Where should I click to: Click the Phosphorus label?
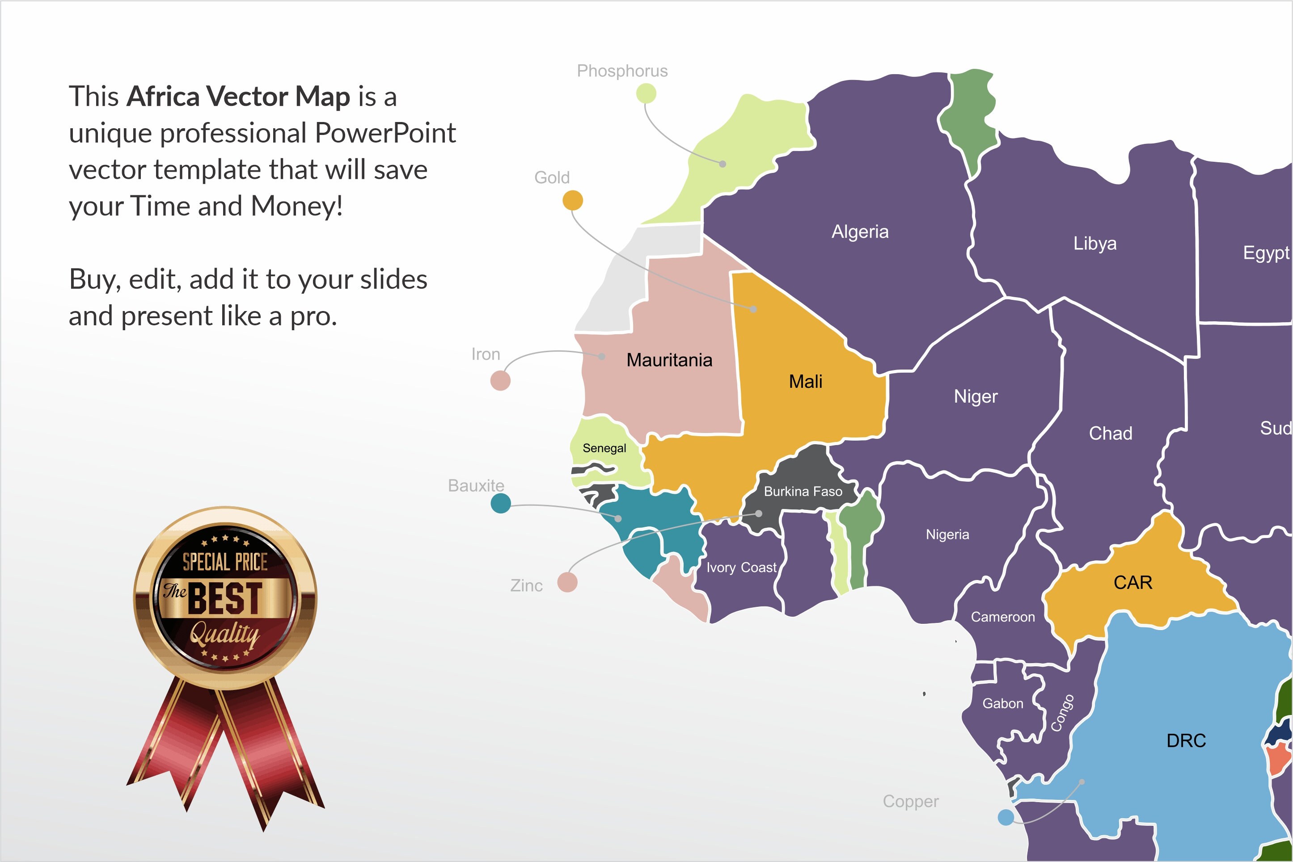622,71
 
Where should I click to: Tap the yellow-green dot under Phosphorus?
646,93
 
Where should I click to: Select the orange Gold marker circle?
573,200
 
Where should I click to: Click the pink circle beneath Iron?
500,380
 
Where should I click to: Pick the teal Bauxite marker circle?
500,503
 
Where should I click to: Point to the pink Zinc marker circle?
567,582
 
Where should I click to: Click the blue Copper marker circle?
1006,817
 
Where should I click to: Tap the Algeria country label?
860,231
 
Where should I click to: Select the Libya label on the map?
1094,243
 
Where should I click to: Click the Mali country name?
805,382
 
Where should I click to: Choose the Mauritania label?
669,360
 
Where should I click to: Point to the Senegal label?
604,448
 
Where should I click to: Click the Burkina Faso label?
803,492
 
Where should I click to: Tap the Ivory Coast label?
741,568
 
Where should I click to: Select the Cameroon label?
1002,617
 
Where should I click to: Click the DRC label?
1186,740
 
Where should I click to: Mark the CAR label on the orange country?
1132,582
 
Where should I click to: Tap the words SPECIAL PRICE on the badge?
225,562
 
